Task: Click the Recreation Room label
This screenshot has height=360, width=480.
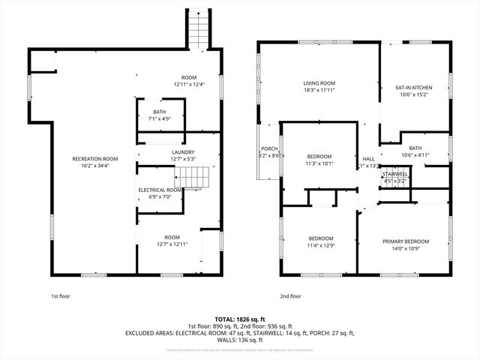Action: click(x=94, y=159)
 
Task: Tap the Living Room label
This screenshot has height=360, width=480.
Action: click(x=319, y=83)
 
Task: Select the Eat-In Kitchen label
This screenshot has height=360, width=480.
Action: click(x=414, y=88)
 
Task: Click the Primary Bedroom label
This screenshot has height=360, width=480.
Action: click(x=406, y=241)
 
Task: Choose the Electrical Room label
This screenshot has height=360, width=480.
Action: click(x=160, y=190)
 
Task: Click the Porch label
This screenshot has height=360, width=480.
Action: click(x=268, y=149)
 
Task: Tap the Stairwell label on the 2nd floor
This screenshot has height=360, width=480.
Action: click(x=395, y=173)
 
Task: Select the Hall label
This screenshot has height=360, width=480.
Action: click(x=368, y=159)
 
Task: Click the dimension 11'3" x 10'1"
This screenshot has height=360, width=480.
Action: click(x=319, y=163)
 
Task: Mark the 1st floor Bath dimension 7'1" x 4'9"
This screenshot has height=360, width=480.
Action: click(x=160, y=118)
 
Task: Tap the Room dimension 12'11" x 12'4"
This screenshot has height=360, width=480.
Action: click(x=188, y=84)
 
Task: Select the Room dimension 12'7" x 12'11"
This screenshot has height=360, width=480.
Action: click(x=172, y=244)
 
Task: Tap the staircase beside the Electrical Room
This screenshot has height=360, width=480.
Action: click(x=190, y=178)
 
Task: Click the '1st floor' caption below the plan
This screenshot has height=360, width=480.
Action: click(x=61, y=296)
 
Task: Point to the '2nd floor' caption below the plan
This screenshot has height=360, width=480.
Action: click(x=290, y=296)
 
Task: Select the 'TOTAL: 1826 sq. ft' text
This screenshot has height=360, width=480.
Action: click(x=240, y=319)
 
